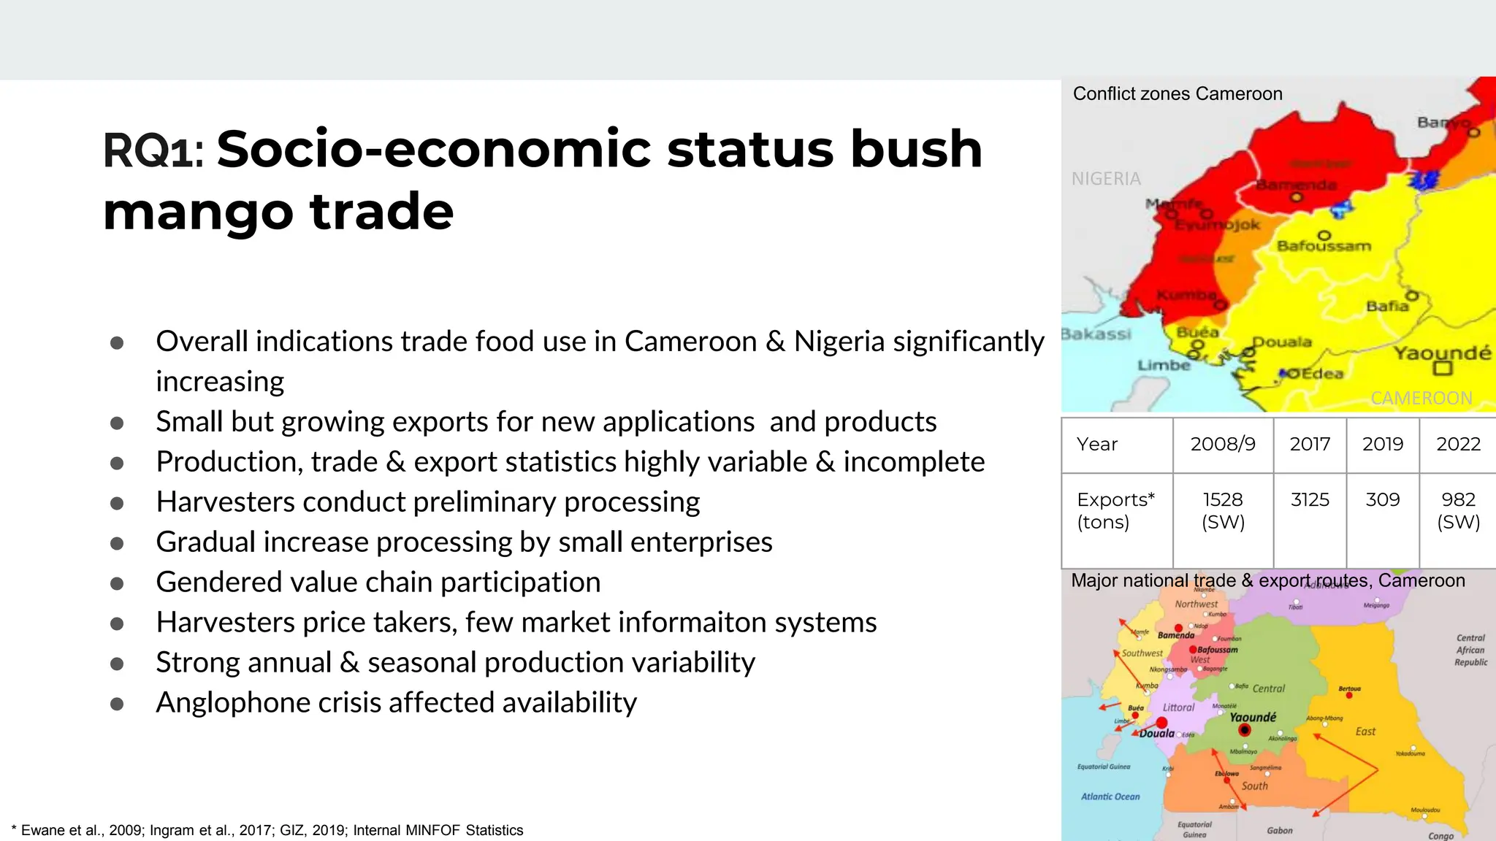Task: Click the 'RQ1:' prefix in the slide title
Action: coord(153,150)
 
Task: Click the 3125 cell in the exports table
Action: coord(1310,500)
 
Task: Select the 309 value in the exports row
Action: coord(1382,500)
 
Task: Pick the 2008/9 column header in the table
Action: coord(1223,444)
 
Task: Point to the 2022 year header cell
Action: coord(1458,444)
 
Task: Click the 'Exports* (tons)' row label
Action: coord(1115,510)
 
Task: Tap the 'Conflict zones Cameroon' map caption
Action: coord(1178,94)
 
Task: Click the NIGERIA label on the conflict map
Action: coord(1106,179)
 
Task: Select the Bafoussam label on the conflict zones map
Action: coord(1324,246)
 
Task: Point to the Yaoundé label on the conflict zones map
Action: coord(1442,353)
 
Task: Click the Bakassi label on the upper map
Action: coord(1096,334)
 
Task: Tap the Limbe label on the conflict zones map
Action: coord(1164,365)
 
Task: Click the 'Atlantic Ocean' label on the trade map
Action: coord(1110,796)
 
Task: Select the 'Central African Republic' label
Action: coord(1471,650)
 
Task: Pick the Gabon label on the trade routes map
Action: coord(1280,830)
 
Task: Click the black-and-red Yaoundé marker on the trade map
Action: coord(1245,730)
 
